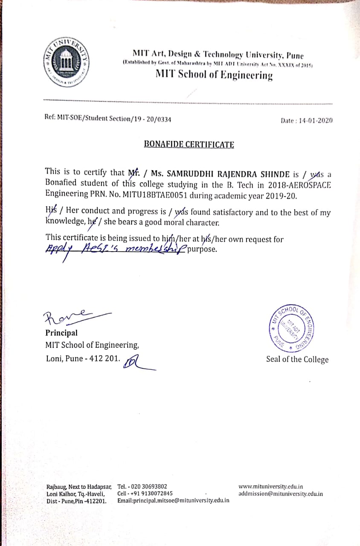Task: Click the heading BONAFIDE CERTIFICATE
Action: tap(189, 144)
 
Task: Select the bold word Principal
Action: tap(61, 333)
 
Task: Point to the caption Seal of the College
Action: tap(297, 359)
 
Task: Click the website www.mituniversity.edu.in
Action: tap(271, 486)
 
